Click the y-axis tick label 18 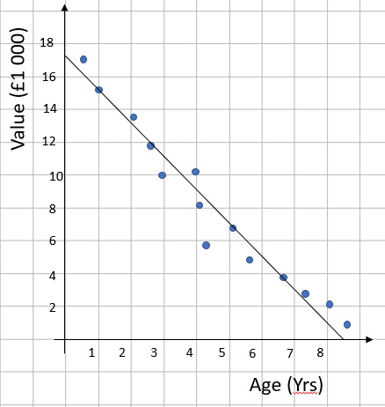[46, 43]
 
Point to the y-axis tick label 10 [46, 175]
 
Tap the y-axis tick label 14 [46, 109]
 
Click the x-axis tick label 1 [92, 352]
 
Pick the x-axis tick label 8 [319, 352]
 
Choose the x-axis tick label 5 [222, 352]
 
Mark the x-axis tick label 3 [154, 352]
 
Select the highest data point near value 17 [84, 59]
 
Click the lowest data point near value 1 [347, 324]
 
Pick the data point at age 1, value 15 [98, 90]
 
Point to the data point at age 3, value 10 [162, 175]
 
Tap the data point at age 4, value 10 [195, 171]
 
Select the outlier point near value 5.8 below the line [206, 245]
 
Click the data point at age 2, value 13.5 [133, 117]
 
